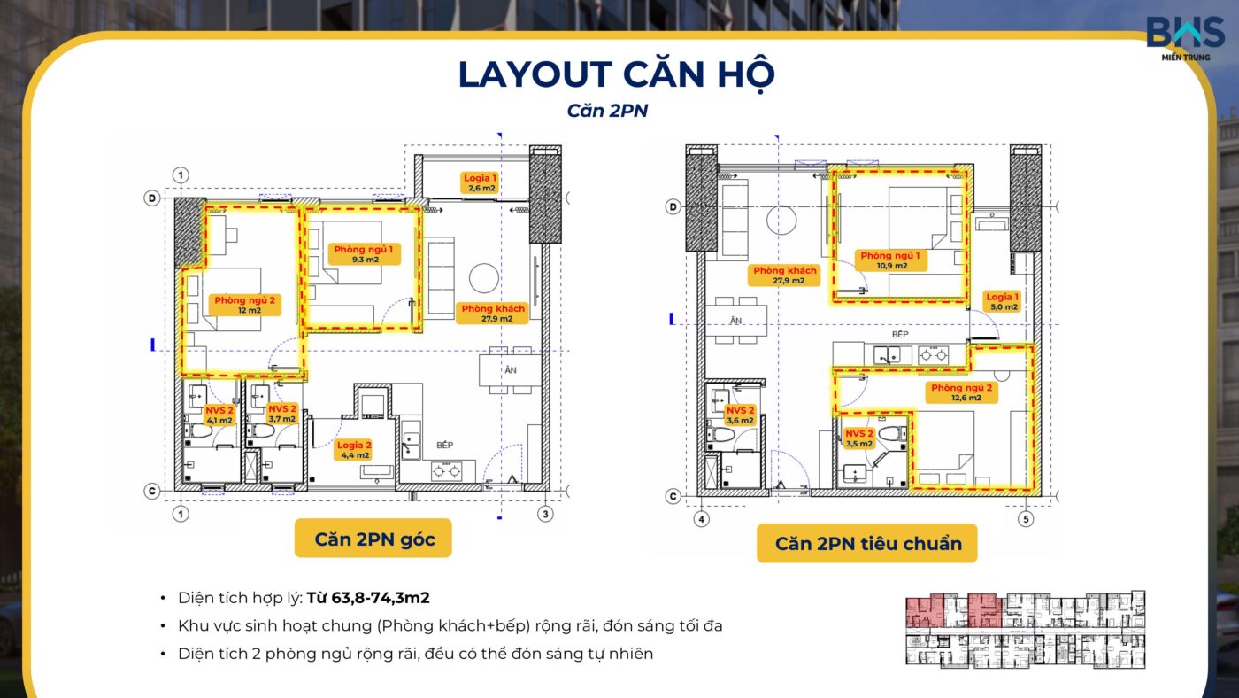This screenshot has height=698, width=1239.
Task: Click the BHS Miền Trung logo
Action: [1185, 38]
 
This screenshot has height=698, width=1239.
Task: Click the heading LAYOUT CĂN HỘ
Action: [616, 75]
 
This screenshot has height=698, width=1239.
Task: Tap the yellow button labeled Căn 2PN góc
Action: [373, 538]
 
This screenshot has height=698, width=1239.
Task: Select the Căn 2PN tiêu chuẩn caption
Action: [867, 543]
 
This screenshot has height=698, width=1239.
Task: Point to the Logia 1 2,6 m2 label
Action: [480, 182]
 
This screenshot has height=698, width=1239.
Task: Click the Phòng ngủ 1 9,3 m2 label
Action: [364, 253]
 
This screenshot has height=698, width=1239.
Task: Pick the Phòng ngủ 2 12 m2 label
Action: [245, 305]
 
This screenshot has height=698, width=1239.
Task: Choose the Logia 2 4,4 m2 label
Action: [354, 449]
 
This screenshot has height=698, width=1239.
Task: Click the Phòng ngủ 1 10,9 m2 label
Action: [890, 260]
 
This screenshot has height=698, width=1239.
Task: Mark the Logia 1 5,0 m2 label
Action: [1002, 301]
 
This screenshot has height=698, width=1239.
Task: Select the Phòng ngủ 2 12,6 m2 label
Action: [962, 392]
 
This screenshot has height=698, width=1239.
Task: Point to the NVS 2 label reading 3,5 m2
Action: [859, 438]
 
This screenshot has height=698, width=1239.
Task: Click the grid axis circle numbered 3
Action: [545, 515]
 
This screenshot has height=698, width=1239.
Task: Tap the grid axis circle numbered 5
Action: [1026, 519]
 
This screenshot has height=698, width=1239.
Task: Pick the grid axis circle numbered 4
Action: [701, 519]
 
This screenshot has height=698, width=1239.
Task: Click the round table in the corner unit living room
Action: [484, 278]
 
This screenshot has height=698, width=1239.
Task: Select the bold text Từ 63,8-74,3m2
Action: [368, 598]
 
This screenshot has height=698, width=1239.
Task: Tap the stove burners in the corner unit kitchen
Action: [447, 471]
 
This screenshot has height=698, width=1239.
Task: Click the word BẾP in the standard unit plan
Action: [900, 334]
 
